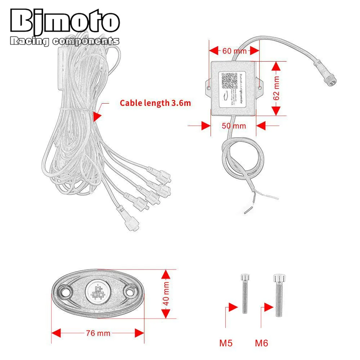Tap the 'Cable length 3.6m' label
coord(155,103)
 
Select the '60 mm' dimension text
coord(234,51)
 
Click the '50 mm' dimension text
coord(234,126)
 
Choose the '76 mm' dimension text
coord(98,333)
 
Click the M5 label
coord(226,343)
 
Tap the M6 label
coord(262,343)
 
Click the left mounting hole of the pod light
coord(65,290)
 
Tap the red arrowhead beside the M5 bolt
coord(233,307)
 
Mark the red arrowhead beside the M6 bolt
coord(268,307)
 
